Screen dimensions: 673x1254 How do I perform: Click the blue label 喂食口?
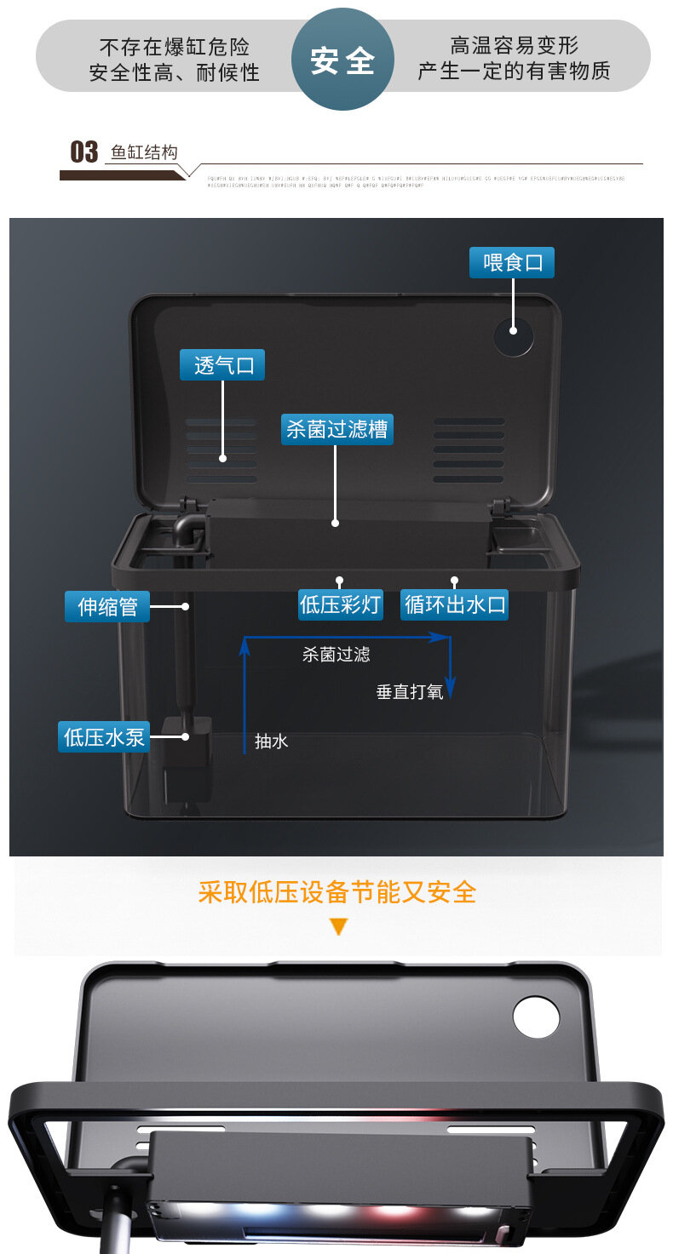coord(512,262)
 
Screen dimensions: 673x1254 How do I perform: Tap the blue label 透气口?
coord(222,365)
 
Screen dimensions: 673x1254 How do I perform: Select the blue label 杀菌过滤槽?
coord(336,429)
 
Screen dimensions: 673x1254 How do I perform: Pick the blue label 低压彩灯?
coord(340,604)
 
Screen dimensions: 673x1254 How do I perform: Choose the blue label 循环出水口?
coord(455,604)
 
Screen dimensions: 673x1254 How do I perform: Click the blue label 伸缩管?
coord(107,607)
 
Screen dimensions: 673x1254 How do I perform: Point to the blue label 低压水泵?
coord(104,736)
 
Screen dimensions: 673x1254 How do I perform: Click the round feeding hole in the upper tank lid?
coord(515,338)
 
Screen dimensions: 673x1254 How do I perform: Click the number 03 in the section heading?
coord(83,152)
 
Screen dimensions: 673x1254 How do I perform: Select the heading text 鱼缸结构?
coord(144,153)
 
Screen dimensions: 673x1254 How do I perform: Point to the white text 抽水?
coord(272,742)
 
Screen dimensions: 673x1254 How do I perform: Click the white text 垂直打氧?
coord(410,692)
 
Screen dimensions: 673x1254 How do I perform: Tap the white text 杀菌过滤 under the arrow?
coord(336,655)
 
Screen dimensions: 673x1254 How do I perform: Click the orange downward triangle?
coord(339,927)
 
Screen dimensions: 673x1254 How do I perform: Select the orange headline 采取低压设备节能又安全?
coord(337,891)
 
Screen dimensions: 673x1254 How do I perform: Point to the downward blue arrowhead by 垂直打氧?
coord(452,689)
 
